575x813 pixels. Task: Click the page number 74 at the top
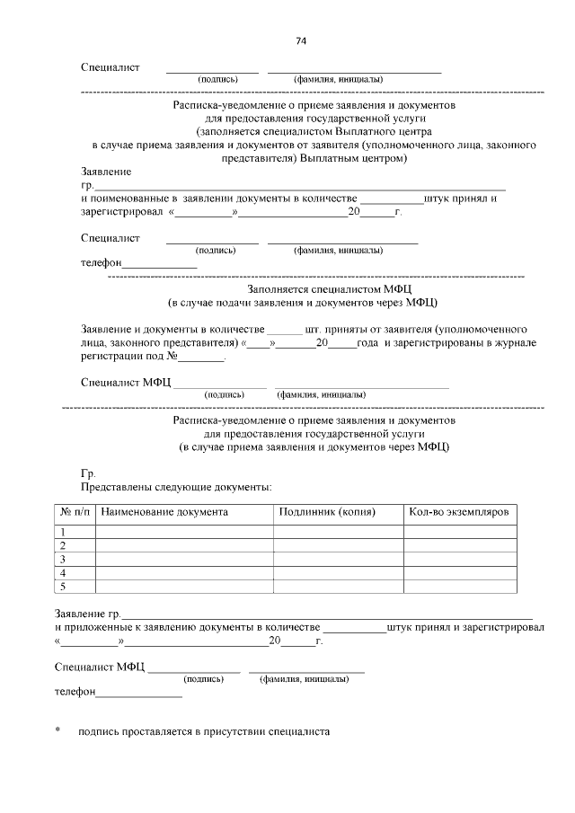point(301,41)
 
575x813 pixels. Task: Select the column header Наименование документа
point(164,511)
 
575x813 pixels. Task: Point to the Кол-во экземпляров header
point(458,511)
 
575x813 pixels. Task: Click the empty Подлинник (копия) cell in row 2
point(338,545)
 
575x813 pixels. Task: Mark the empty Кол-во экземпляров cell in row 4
point(459,573)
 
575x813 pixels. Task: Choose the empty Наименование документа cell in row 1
point(184,532)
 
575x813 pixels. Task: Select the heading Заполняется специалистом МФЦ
point(314,289)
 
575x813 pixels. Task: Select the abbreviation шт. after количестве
point(314,330)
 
